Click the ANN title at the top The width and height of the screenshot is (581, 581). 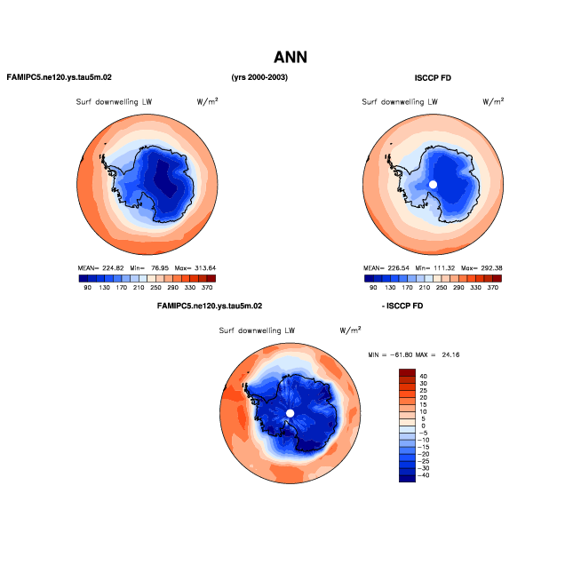290,57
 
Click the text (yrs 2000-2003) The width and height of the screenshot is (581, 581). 259,77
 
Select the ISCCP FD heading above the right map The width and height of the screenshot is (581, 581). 433,78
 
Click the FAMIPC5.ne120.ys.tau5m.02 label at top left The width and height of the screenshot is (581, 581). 60,77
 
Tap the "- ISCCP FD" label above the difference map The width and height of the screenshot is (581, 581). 402,306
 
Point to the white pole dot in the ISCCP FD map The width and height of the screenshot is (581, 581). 433,184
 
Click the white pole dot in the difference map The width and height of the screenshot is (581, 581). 290,413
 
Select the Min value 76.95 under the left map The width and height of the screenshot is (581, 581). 160,268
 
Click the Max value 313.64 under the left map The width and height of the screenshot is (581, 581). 205,268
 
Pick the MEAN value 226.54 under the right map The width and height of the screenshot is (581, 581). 398,268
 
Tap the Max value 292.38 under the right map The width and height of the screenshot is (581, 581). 491,268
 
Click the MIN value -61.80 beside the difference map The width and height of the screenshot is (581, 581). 402,354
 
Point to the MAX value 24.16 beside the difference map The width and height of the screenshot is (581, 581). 450,354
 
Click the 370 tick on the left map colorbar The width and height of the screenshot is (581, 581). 207,288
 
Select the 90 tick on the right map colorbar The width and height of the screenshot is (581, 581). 373,288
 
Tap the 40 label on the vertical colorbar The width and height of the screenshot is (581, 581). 423,376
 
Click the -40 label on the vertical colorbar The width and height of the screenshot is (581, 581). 423,475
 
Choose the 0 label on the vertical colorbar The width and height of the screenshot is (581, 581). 423,426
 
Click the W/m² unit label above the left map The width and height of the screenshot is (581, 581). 208,101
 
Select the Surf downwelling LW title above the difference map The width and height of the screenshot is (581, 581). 257,330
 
